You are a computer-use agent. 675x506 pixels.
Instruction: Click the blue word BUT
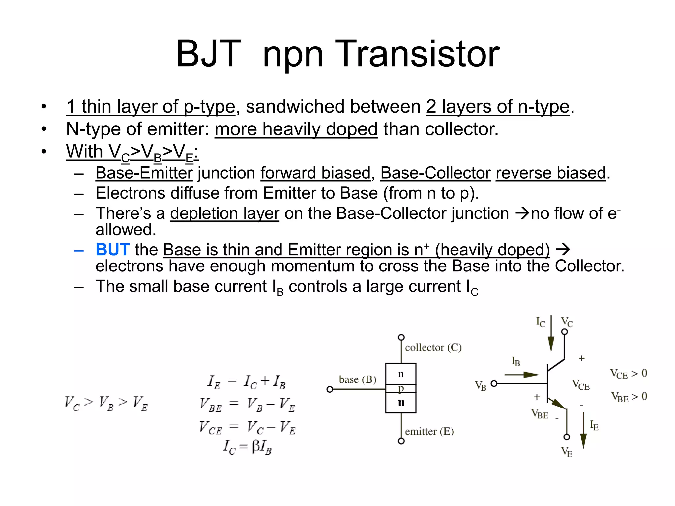(112, 250)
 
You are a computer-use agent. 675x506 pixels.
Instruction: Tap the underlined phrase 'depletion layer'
(224, 213)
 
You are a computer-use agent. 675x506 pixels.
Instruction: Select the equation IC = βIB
(247, 447)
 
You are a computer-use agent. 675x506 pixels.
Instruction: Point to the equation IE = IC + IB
(247, 382)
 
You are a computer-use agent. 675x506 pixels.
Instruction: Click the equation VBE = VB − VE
(247, 405)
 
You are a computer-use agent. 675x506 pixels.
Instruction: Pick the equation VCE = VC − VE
(247, 427)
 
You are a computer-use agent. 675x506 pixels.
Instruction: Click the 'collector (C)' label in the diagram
(433, 348)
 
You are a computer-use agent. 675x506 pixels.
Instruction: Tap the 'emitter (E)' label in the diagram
(429, 431)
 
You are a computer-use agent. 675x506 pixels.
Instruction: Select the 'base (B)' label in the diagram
(358, 379)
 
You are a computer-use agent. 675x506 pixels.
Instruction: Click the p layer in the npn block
(401, 389)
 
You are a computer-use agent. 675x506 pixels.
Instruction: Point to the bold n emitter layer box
(401, 403)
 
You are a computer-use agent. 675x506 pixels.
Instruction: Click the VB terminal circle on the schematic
(494, 384)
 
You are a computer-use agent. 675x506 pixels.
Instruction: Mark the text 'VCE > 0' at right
(629, 374)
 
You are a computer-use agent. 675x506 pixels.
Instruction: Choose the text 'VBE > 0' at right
(629, 397)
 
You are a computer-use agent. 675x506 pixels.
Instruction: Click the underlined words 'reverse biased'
(551, 173)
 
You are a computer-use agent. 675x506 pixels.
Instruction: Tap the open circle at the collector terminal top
(401, 337)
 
